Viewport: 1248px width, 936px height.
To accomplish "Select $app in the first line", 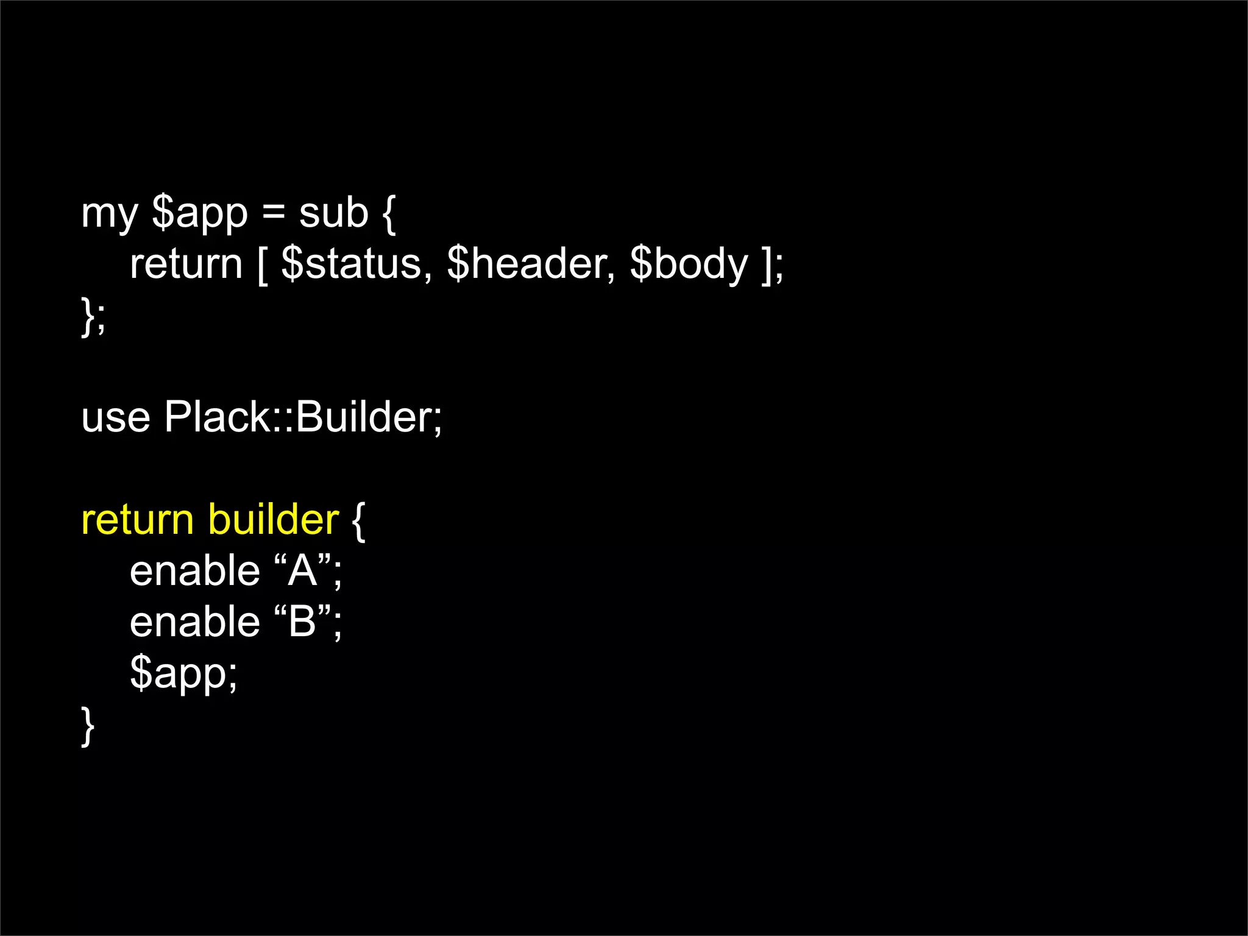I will [200, 214].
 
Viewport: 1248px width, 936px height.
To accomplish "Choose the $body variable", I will [689, 266].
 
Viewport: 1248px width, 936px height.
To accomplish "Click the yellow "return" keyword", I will [138, 520].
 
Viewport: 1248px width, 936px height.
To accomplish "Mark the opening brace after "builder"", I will [359, 522].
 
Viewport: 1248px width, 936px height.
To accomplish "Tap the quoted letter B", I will [303, 622].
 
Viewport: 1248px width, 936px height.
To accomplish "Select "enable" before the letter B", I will [195, 622].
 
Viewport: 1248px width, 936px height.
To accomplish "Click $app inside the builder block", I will [182, 674].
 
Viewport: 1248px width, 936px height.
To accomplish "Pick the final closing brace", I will [88, 726].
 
